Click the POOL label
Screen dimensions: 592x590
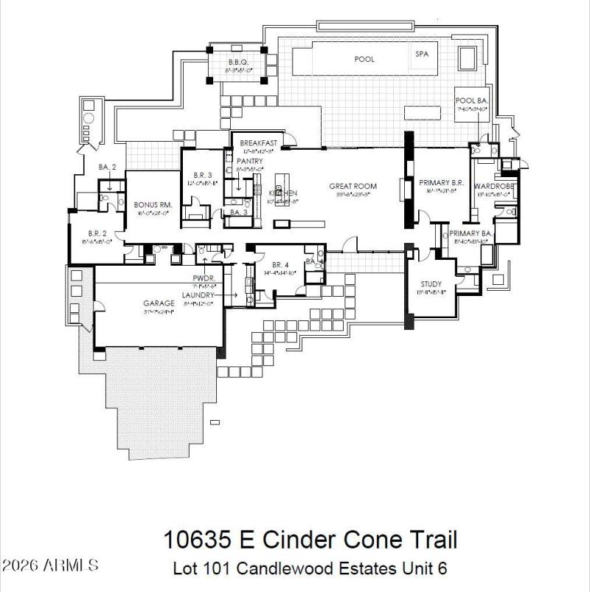(x=364, y=59)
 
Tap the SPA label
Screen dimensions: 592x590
(x=422, y=54)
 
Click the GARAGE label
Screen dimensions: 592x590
(x=159, y=303)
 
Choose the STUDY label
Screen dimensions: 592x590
(x=431, y=284)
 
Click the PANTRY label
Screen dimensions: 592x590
(x=249, y=161)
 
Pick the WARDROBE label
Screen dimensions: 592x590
(x=493, y=186)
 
